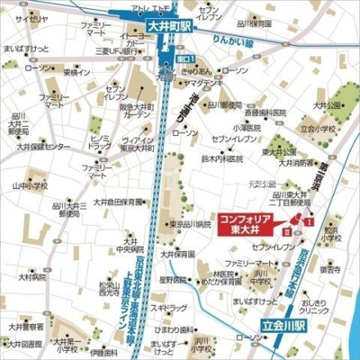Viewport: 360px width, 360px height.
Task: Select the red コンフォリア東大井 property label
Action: point(244,223)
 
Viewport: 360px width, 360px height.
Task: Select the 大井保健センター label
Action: point(39,146)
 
